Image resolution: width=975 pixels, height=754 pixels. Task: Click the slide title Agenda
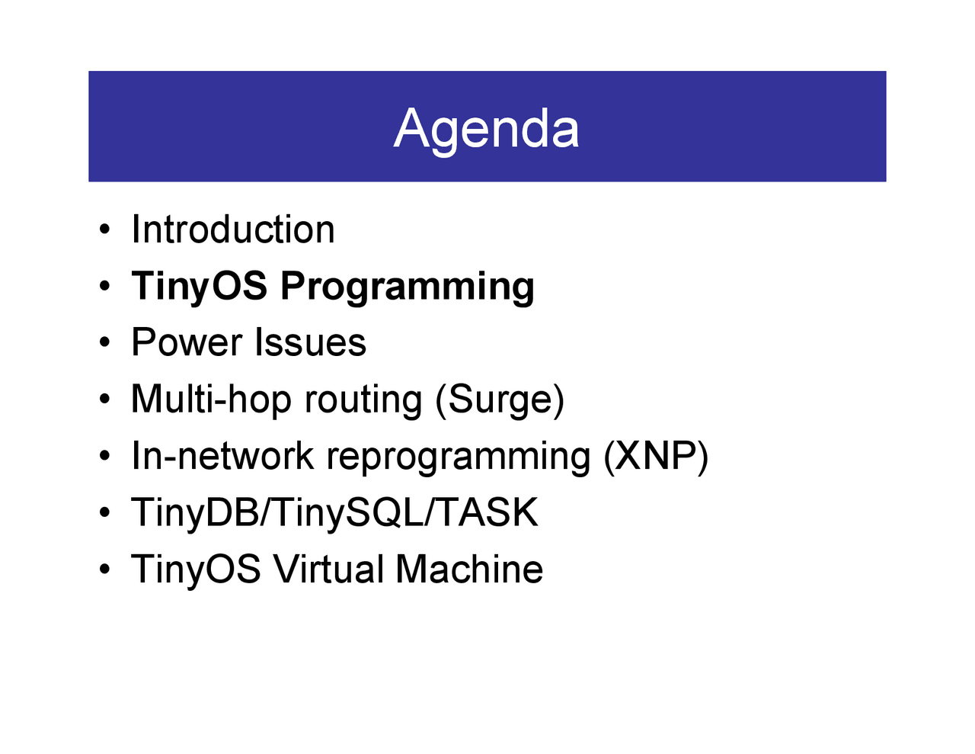487,128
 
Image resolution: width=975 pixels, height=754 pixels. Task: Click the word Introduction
233,229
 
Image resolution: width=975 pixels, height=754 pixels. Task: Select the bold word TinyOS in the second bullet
199,287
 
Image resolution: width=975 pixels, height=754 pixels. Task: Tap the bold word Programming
407,287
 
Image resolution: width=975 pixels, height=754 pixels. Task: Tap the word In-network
222,456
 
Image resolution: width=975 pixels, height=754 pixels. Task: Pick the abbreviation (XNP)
656,456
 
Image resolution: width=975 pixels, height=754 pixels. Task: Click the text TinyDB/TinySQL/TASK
334,512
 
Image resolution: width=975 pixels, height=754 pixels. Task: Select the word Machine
469,570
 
